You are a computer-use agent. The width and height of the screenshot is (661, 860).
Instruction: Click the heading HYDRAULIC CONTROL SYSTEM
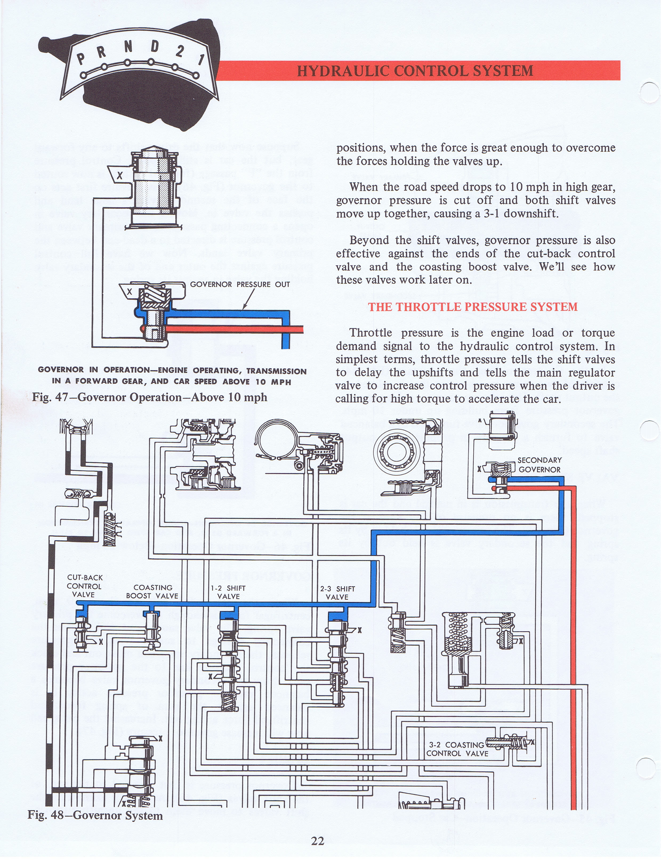[415, 71]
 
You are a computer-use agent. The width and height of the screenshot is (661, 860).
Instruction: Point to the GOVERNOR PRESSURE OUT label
[240, 284]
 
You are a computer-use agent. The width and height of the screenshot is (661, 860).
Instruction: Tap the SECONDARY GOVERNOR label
[539, 464]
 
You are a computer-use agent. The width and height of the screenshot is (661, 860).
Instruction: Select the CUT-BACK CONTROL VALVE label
[84, 586]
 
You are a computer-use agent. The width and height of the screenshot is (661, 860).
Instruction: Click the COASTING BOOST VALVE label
[152, 592]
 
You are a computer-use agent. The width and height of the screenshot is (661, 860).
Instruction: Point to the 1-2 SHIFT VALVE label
[228, 592]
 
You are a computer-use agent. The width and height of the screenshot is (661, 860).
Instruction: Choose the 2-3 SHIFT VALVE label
[337, 593]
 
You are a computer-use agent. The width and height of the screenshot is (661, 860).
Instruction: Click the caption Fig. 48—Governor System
[95, 815]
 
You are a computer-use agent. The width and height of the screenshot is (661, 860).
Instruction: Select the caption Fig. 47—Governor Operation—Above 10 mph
[150, 397]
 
